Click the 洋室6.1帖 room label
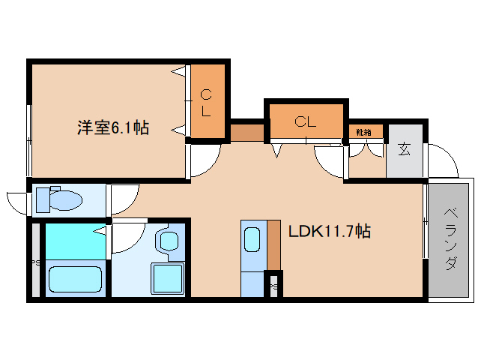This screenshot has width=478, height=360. pyautogui.click(x=112, y=127)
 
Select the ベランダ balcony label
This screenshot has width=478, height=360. pyautogui.click(x=450, y=238)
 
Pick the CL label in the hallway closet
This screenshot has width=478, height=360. pyautogui.click(x=304, y=121)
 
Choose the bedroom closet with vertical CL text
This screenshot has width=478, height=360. pyautogui.click(x=206, y=102)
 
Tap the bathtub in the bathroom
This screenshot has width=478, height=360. pyautogui.click(x=74, y=279)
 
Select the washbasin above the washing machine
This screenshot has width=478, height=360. pyautogui.click(x=168, y=241)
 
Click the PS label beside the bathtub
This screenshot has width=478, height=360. pyautogui.click(x=34, y=262)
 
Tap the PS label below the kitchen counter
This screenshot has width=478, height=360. pyautogui.click(x=273, y=286)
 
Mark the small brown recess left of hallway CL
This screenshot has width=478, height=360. pyautogui.click(x=247, y=132)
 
